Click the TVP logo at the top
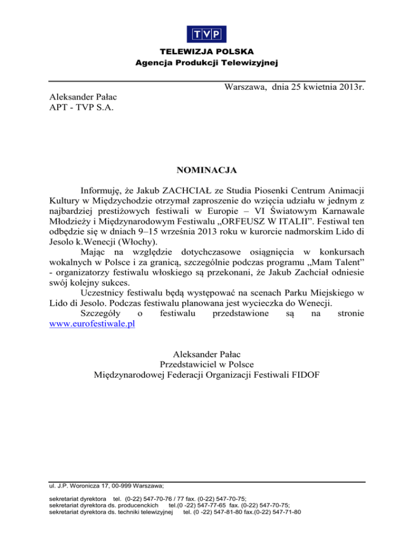[x=206, y=34]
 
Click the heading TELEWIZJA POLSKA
[x=207, y=53]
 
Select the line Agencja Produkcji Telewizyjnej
[x=207, y=64]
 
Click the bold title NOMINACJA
[x=207, y=171]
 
